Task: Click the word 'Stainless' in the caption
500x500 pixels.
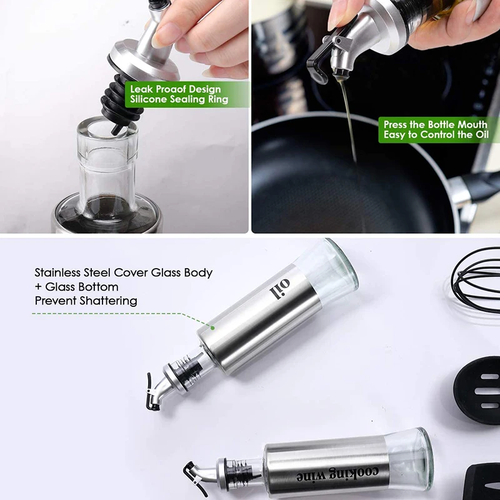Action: (59, 272)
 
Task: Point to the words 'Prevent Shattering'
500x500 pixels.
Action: (86, 301)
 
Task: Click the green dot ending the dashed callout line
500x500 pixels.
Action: (212, 326)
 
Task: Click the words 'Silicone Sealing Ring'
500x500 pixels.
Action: (179, 99)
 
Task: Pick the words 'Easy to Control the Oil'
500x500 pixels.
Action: (435, 135)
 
